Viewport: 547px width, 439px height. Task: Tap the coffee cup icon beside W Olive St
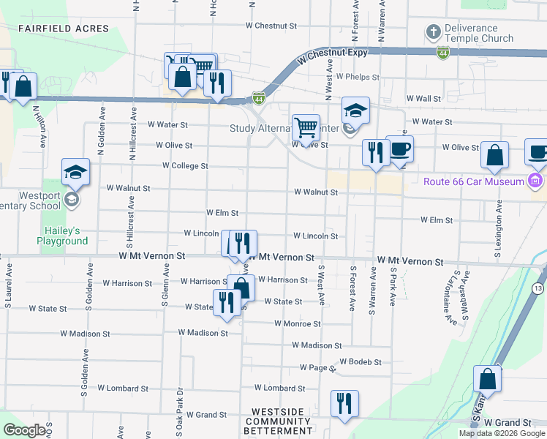pyautogui.click(x=399, y=149)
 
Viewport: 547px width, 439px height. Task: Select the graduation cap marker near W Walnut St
pyautogui.click(x=76, y=172)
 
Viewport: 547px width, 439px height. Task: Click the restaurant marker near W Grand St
pyautogui.click(x=343, y=403)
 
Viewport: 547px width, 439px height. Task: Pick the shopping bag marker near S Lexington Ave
pyautogui.click(x=494, y=155)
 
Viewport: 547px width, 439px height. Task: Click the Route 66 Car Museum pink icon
pyautogui.click(x=536, y=181)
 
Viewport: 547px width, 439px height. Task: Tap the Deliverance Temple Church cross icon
pyautogui.click(x=433, y=32)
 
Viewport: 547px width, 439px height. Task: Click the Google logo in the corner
pyautogui.click(x=24, y=430)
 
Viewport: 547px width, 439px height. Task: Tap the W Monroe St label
pyautogui.click(x=298, y=323)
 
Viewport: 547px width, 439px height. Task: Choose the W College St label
pyautogui.click(x=185, y=166)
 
